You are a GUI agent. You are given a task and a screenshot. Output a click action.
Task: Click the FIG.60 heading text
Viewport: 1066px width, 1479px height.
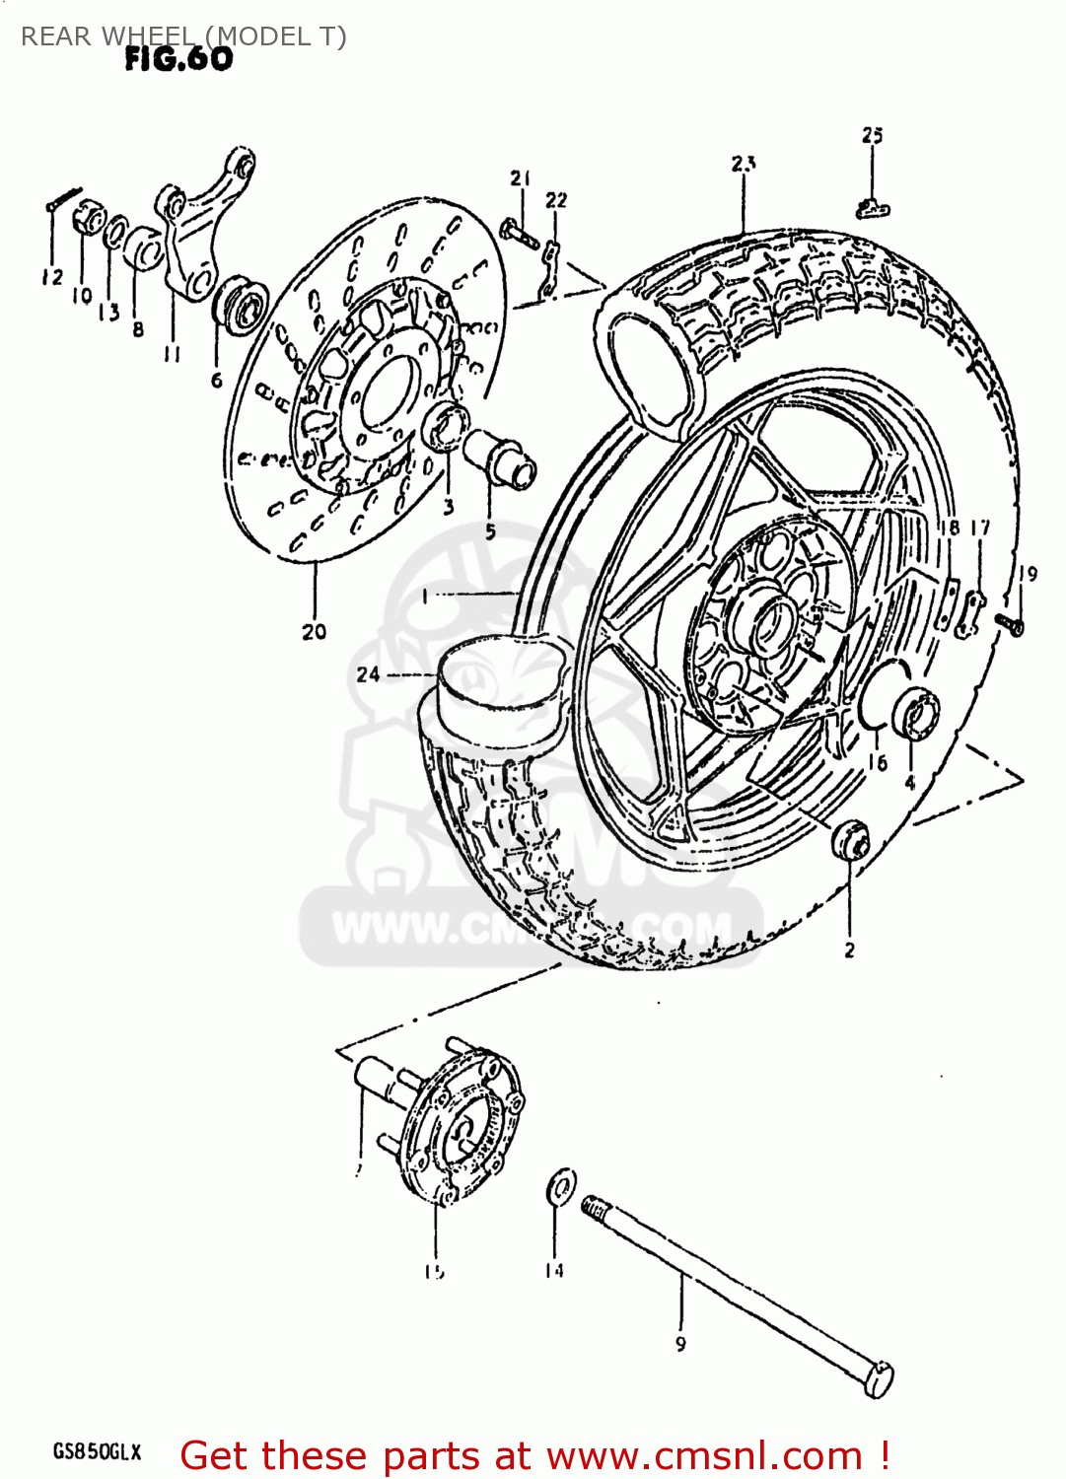click(178, 59)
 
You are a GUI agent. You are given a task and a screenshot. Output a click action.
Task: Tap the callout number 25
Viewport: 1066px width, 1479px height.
click(872, 135)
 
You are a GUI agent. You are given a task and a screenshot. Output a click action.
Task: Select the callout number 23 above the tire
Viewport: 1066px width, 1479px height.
click(744, 164)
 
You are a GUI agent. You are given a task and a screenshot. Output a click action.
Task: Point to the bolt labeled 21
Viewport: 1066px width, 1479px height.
click(517, 233)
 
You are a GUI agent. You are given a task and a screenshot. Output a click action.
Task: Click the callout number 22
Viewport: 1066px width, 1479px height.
click(556, 200)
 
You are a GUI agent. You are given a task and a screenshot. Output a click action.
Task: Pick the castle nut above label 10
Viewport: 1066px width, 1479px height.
click(89, 216)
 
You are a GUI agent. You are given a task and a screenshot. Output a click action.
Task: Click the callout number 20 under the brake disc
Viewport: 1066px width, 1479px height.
click(314, 632)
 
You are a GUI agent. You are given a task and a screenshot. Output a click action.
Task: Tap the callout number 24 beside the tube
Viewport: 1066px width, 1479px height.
click(368, 674)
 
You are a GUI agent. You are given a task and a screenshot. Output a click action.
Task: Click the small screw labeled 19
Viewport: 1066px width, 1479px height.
click(1009, 622)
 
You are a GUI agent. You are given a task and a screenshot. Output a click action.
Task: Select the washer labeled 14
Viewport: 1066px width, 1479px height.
click(561, 1185)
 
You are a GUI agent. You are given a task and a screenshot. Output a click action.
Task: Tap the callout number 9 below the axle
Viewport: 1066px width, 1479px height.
click(680, 1343)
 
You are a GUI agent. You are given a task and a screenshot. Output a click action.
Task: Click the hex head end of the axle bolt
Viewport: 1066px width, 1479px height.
click(879, 1378)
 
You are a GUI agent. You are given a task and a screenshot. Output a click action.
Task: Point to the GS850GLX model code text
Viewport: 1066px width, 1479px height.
click(97, 1451)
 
